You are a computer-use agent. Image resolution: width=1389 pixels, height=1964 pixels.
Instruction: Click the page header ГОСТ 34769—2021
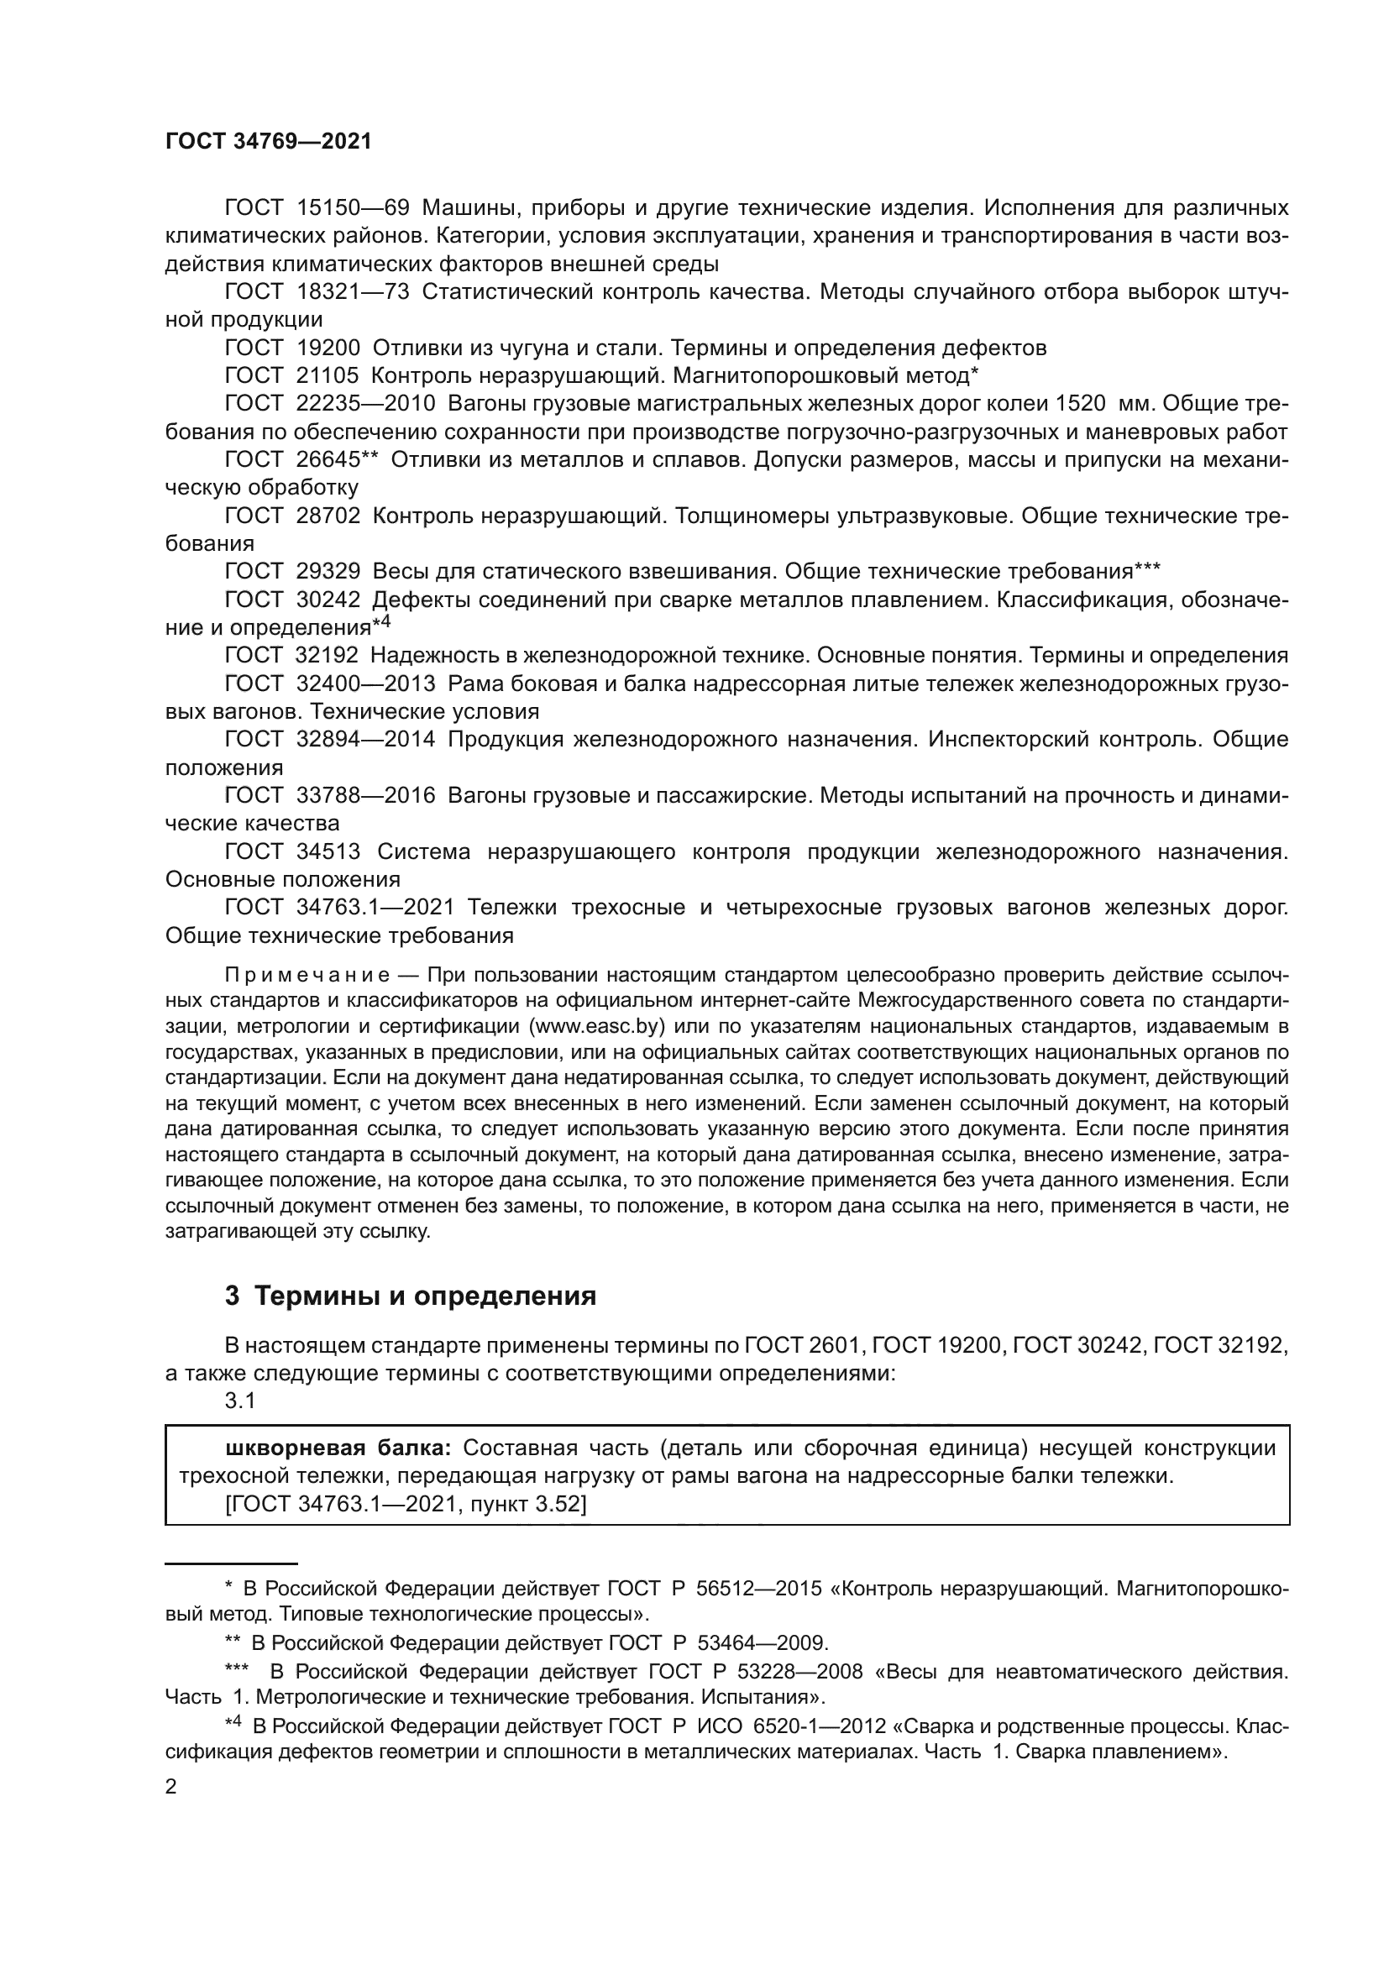269,142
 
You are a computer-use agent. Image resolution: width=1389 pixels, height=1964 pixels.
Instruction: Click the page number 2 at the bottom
171,1786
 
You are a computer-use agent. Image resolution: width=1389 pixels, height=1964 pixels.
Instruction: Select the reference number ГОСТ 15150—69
317,208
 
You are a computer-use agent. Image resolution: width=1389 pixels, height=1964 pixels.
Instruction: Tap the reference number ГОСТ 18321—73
317,292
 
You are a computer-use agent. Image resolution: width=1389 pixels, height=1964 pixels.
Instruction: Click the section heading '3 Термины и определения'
411,1296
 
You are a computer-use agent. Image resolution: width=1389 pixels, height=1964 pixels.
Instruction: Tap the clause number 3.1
239,1401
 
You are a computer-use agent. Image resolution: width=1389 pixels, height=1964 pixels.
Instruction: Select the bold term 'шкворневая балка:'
338,1448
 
